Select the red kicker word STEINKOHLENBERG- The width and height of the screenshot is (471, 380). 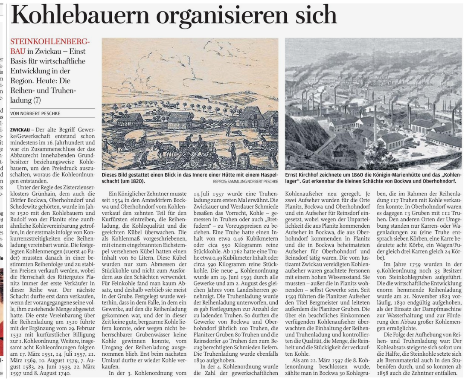[x=50, y=42]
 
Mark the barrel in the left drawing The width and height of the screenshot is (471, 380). [x=244, y=161]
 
